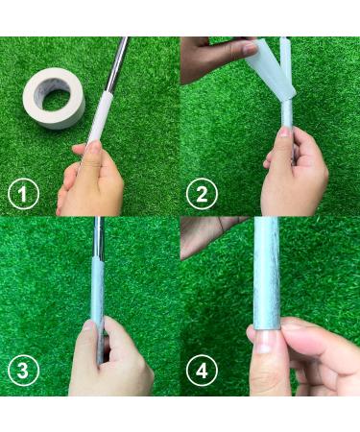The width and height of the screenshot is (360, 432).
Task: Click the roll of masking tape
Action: tap(54, 98)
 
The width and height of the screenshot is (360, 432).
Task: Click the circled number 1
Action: tap(23, 194)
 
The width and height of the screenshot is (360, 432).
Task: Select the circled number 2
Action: tap(202, 194)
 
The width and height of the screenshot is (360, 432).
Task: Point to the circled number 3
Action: tap(23, 371)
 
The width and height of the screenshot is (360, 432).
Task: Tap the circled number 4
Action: tap(202, 371)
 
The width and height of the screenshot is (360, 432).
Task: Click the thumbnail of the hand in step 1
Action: tap(92, 147)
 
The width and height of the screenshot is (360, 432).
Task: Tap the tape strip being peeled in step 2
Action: tap(271, 70)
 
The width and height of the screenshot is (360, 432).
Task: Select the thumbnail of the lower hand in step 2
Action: tap(284, 132)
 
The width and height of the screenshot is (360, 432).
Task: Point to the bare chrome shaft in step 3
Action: tap(99, 237)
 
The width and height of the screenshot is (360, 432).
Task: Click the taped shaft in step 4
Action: tap(266, 272)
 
